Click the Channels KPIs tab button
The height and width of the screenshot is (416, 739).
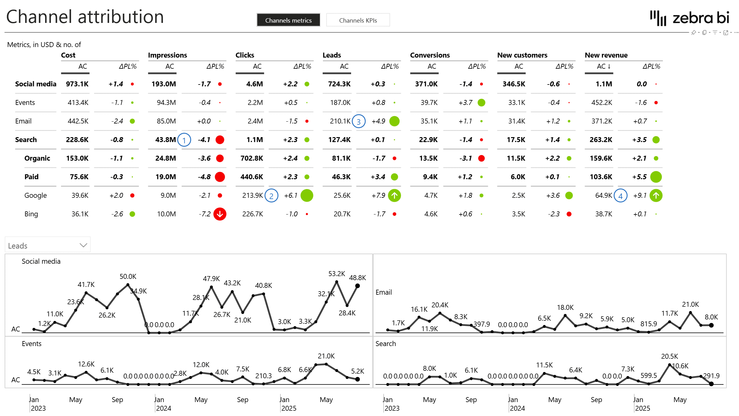(358, 20)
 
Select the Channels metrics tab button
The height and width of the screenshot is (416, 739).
(288, 20)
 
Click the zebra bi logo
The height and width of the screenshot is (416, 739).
(690, 18)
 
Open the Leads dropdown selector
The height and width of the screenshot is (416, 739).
(48, 245)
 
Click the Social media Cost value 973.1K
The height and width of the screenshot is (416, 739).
(77, 84)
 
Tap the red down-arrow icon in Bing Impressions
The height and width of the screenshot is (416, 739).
(220, 214)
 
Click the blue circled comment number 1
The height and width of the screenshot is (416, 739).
(184, 140)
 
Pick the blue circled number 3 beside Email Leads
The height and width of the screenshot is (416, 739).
(359, 122)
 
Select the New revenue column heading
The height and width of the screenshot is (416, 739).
(606, 55)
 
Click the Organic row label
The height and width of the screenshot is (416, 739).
(37, 158)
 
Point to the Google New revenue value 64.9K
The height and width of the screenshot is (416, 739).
(604, 196)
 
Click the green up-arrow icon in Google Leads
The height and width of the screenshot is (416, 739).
(394, 196)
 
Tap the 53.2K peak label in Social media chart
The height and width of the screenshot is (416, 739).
(337, 274)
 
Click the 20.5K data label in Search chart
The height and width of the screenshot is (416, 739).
(669, 356)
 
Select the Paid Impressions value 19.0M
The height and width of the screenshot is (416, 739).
(165, 177)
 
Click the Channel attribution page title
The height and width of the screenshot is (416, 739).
(85, 17)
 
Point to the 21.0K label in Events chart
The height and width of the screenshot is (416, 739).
(326, 356)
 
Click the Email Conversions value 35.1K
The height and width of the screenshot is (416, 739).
(429, 121)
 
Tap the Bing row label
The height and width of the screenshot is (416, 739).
(31, 214)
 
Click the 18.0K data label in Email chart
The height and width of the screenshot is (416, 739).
(565, 307)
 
